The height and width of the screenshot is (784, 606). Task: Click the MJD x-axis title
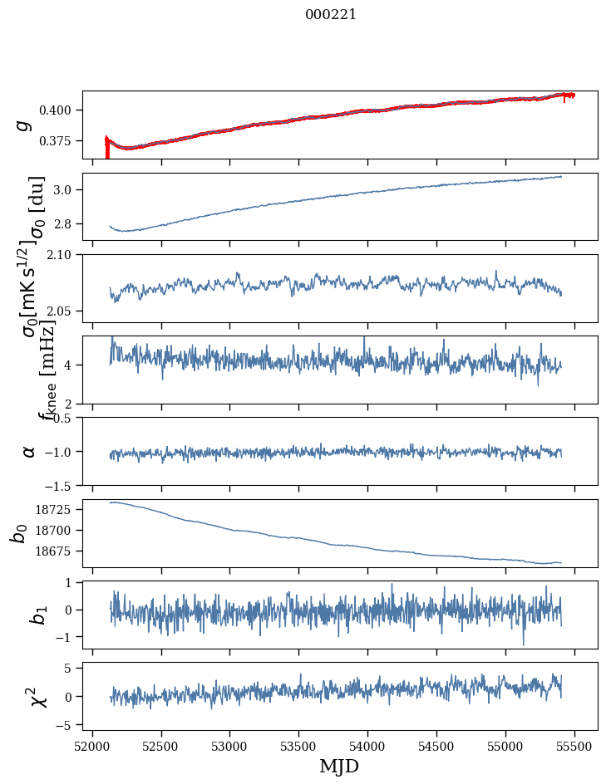click(339, 766)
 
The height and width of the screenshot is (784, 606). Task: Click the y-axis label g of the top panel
click(24, 125)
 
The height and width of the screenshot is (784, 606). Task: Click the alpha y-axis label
click(29, 451)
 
